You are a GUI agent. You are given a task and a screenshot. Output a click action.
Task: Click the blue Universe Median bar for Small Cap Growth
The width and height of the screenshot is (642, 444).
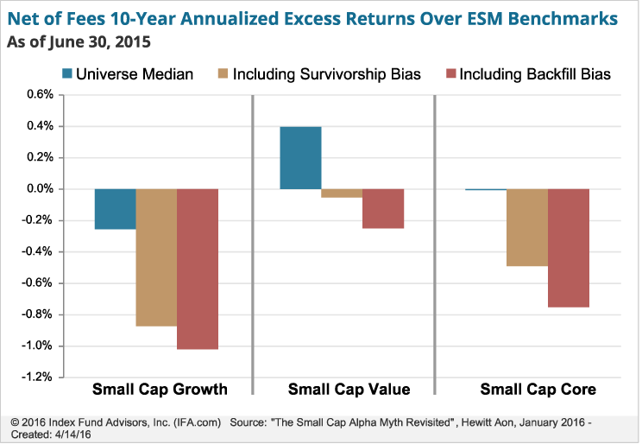tap(115, 209)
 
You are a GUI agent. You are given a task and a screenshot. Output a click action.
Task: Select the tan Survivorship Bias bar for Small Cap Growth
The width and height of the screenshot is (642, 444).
tap(156, 257)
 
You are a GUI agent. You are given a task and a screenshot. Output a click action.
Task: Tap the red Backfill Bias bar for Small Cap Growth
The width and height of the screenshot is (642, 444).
tap(198, 269)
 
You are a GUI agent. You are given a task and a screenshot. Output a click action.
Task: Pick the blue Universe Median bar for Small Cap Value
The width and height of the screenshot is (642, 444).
tap(300, 158)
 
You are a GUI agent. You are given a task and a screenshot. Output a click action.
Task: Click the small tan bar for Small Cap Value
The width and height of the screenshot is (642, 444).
tap(342, 193)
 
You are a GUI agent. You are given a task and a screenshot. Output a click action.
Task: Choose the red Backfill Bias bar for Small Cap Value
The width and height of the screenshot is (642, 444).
tap(383, 208)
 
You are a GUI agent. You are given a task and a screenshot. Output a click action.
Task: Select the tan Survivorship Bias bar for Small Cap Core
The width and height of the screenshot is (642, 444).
tap(527, 227)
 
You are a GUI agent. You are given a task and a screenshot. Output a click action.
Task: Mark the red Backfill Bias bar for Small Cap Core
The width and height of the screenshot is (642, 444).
tap(569, 248)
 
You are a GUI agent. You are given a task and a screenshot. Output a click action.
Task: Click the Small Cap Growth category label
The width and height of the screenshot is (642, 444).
tap(160, 389)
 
